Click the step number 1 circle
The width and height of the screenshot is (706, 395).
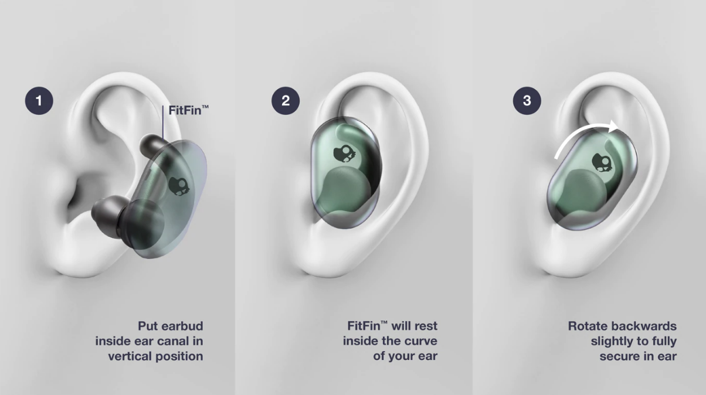click(x=39, y=101)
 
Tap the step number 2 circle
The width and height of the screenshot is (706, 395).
click(x=286, y=101)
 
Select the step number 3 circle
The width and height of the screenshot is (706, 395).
click(x=527, y=101)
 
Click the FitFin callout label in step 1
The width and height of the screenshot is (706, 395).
click(x=188, y=110)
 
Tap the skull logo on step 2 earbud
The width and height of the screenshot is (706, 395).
click(x=344, y=154)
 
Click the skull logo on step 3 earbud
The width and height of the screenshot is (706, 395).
click(x=602, y=162)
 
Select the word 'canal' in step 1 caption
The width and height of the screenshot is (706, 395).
click(x=165, y=341)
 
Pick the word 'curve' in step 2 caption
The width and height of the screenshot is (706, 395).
click(x=421, y=341)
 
